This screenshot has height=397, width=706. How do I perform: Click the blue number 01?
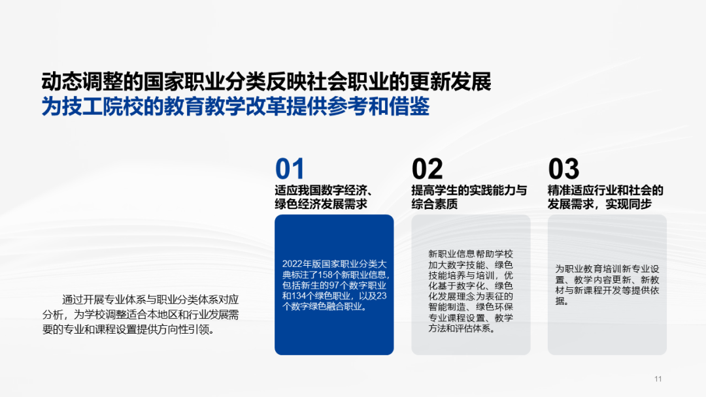(x=290, y=169)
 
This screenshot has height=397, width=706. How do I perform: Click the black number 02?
(x=427, y=169)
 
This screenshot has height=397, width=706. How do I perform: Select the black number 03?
(x=563, y=169)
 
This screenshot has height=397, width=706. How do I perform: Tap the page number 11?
(x=658, y=379)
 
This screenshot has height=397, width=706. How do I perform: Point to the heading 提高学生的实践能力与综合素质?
(x=469, y=197)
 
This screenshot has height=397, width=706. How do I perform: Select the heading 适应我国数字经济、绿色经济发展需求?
(x=324, y=197)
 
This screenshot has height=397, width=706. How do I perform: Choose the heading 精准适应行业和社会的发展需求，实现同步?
(x=605, y=197)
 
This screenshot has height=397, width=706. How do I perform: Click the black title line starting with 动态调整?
(x=266, y=83)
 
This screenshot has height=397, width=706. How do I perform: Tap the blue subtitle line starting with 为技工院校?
(x=235, y=107)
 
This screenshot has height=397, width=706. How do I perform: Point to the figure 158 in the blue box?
(x=325, y=275)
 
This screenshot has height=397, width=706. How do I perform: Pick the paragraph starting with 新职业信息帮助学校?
(x=471, y=291)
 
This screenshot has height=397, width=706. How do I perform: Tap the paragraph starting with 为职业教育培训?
(x=607, y=285)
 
